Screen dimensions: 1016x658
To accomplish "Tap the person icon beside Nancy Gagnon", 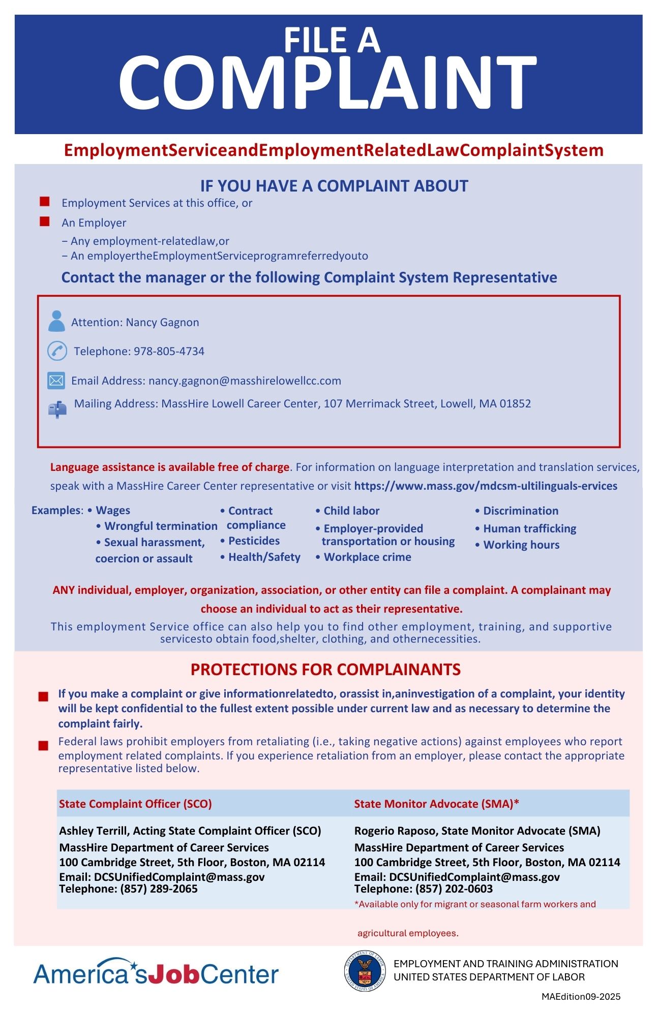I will click(56, 321).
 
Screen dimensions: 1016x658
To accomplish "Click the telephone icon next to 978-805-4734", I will click(57, 351).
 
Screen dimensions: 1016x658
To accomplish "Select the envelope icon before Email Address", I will click(56, 380).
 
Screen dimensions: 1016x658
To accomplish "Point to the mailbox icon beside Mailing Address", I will click(57, 409).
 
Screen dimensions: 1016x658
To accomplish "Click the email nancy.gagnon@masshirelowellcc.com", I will click(245, 381).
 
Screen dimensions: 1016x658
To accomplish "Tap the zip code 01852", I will click(515, 404).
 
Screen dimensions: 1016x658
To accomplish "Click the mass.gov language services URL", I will click(486, 486).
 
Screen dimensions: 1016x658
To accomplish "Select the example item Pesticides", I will click(253, 541).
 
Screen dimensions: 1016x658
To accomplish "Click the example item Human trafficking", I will click(529, 529).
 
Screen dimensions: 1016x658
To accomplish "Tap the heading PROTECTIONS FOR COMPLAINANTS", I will click(325, 670).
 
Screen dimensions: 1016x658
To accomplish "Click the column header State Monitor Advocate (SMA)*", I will click(436, 804).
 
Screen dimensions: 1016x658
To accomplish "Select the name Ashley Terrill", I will click(93, 831).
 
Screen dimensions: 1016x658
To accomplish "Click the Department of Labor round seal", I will click(365, 971).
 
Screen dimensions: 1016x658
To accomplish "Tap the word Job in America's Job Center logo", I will click(171, 974).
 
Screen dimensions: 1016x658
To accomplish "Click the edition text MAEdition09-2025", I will click(581, 997).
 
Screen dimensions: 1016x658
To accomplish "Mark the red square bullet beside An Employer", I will click(45, 221).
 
